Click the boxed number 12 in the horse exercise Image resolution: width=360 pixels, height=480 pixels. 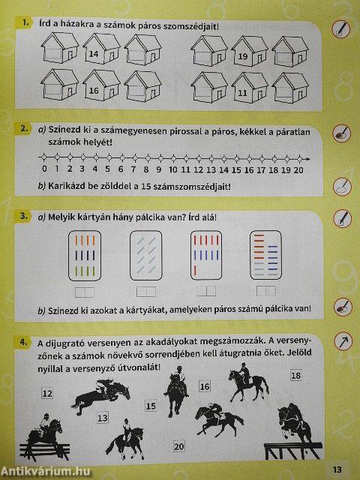[47, 393]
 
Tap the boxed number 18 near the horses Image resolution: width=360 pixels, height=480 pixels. [295, 375]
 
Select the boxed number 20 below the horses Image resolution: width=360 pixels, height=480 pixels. [178, 446]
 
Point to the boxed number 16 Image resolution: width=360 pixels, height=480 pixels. [204, 386]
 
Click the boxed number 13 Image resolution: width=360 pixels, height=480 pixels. [102, 417]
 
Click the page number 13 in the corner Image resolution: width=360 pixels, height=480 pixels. [337, 469]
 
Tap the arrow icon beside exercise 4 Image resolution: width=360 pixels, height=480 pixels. [341, 340]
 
